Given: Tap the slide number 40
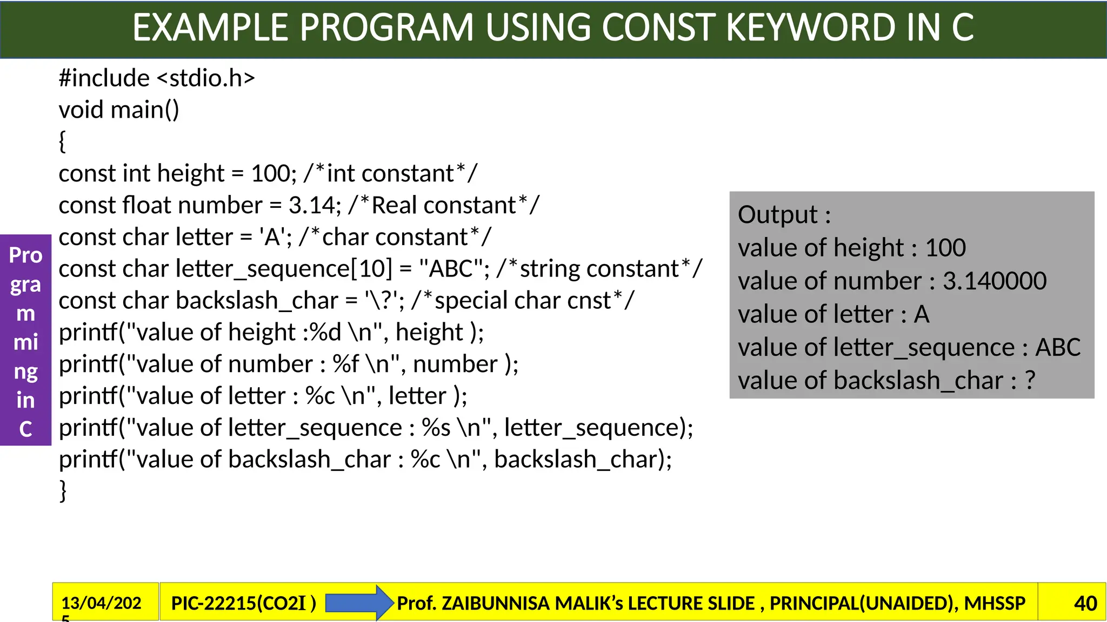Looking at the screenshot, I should [1085, 603].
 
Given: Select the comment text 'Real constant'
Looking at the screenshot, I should [443, 206].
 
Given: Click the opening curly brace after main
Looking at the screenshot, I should [62, 141].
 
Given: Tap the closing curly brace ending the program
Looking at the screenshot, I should [63, 491].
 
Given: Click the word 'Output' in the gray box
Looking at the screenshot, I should [777, 215].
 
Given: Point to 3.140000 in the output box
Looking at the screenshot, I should [995, 281].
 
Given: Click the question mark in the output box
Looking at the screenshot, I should [1030, 381].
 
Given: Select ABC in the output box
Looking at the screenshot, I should [1057, 347].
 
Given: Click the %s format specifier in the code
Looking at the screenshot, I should [436, 428].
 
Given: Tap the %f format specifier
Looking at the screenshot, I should [346, 364].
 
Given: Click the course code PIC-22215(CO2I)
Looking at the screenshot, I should [243, 603].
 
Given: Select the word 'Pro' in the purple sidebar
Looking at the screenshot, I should [25, 255].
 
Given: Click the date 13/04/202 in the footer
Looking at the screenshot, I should [101, 603].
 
